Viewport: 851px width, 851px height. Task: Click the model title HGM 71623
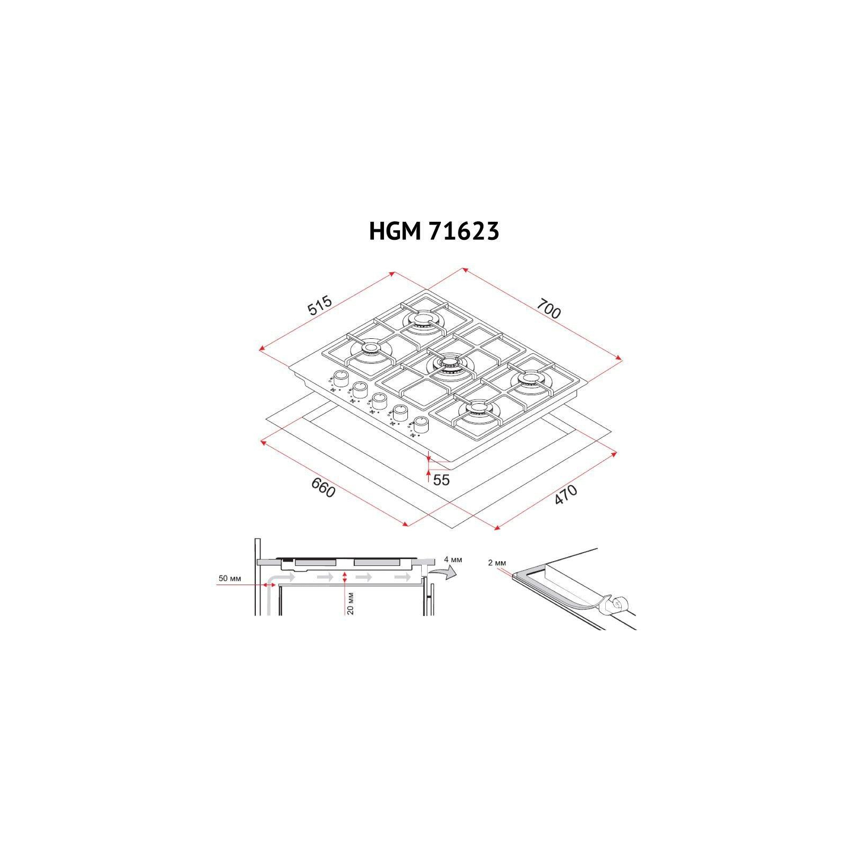click(x=434, y=231)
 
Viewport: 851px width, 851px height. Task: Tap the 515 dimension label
click(x=320, y=305)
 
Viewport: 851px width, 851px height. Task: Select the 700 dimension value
click(x=548, y=308)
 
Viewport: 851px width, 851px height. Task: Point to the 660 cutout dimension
click(x=323, y=487)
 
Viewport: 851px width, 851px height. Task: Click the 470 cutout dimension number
click(x=565, y=494)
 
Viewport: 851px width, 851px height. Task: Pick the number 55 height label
click(x=441, y=480)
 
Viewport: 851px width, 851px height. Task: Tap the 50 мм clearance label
click(x=230, y=578)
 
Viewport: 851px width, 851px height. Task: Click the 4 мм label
click(x=453, y=560)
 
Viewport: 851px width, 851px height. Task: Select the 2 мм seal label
click(x=497, y=563)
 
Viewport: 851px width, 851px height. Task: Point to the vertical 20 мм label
click(x=351, y=603)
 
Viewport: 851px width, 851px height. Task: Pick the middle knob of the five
click(x=379, y=401)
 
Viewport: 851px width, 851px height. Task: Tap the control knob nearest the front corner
click(x=420, y=424)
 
